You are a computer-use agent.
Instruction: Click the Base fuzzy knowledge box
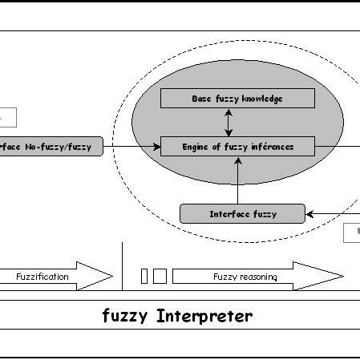237,99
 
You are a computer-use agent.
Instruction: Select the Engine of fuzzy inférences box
237,146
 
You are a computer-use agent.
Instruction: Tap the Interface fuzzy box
242,214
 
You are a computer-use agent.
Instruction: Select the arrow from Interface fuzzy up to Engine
237,180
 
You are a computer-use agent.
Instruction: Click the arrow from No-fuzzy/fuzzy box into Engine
132,147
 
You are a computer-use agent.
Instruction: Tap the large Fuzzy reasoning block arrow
257,276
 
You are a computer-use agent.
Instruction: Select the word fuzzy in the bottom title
123,316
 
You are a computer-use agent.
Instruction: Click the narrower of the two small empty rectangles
144,276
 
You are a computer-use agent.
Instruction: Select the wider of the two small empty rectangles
160,276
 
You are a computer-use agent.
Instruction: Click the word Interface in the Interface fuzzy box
229,214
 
